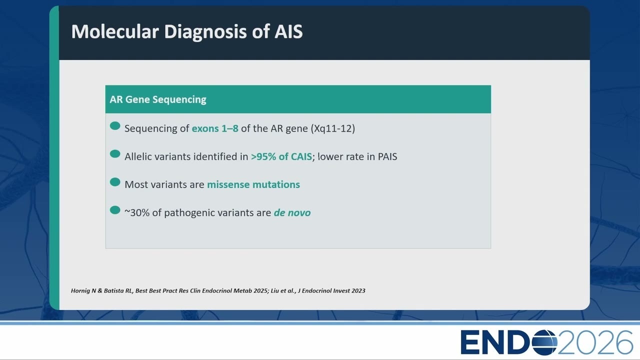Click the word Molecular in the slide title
tap(115, 31)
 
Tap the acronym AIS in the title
tap(288, 31)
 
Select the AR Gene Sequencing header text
tap(158, 99)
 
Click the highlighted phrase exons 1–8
tap(215, 128)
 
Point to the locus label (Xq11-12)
tap(333, 128)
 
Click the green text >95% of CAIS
tap(281, 156)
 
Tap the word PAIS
tap(387, 156)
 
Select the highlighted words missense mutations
tap(253, 184)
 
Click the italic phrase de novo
tap(292, 213)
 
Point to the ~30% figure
tap(137, 213)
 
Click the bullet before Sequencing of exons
tap(115, 125)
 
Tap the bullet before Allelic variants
tap(115, 153)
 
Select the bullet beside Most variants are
tap(115, 182)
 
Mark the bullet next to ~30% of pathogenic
tap(115, 210)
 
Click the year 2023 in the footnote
tap(358, 291)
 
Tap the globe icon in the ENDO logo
tap(543, 342)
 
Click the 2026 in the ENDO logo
tap(595, 342)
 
